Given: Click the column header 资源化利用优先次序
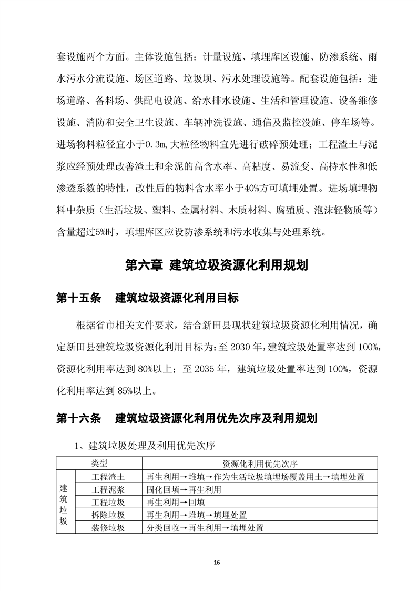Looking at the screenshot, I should pyautogui.click(x=260, y=464).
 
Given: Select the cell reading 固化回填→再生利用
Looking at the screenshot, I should pyautogui.click(x=184, y=489).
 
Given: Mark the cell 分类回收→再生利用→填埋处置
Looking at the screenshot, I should pyautogui.click(x=205, y=527).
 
